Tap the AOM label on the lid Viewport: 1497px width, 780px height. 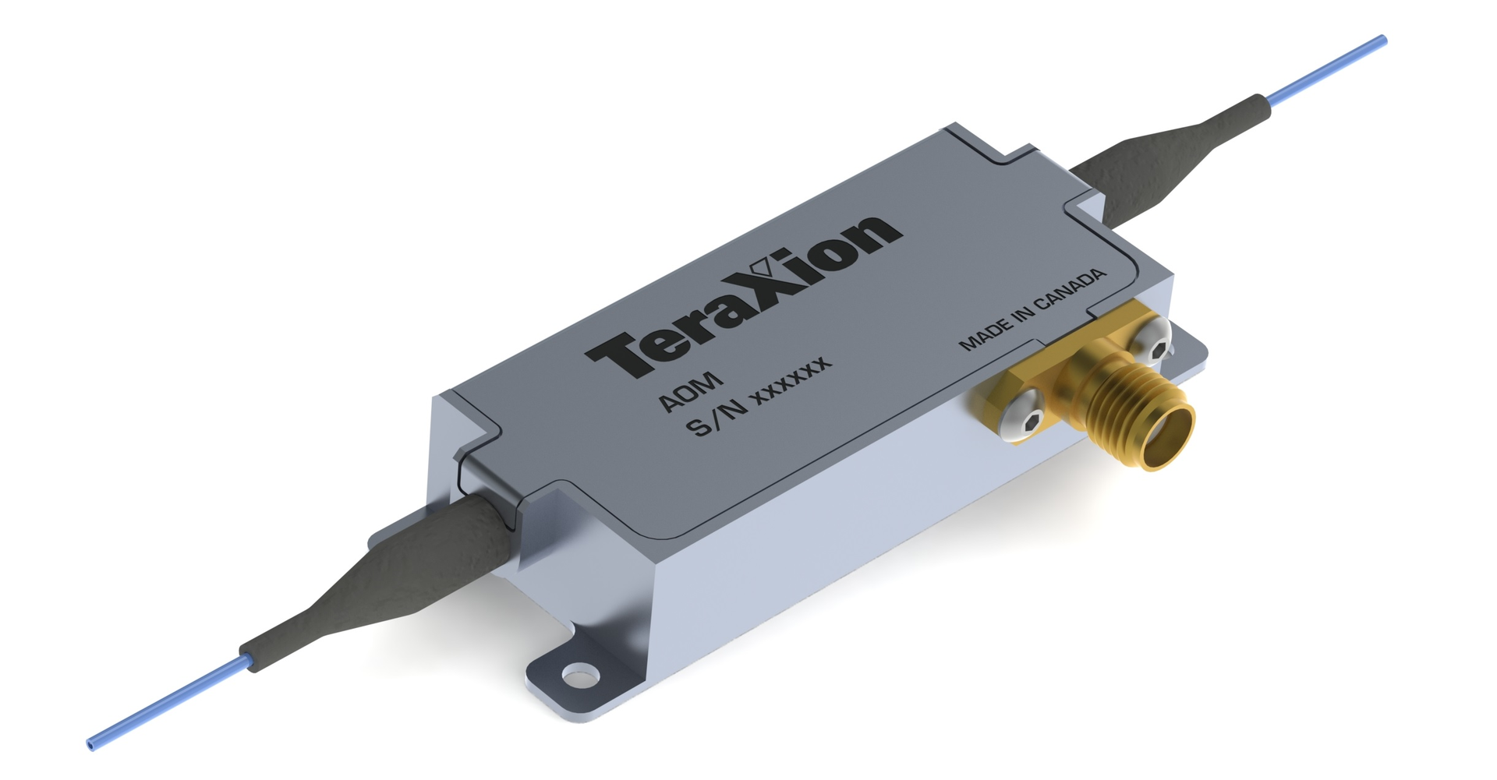coord(691,391)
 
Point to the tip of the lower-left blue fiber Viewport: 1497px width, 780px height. coord(92,745)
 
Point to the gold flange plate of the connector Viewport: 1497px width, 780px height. coord(1006,397)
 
